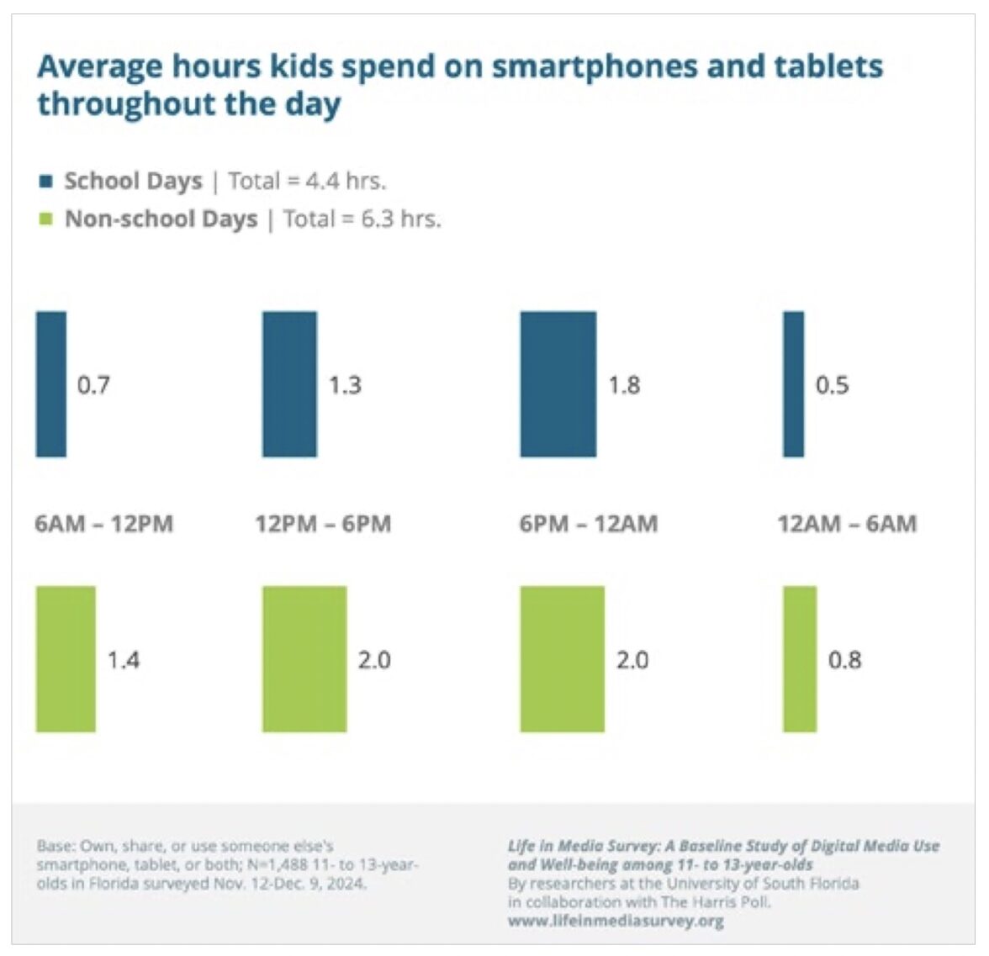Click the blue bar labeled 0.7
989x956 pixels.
tap(51, 384)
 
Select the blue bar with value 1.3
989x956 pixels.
tap(290, 384)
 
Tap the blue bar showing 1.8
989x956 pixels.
tap(558, 384)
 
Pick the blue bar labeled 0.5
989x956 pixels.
tap(793, 384)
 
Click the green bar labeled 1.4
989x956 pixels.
tap(66, 659)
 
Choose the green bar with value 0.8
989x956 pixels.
tap(800, 659)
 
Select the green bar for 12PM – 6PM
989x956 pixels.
tap(304, 659)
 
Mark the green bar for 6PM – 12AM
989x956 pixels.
tap(563, 659)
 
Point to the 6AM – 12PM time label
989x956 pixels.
tap(104, 524)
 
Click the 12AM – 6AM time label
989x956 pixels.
tap(847, 524)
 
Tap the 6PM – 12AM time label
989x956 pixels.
tap(589, 524)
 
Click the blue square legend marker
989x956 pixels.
tap(46, 181)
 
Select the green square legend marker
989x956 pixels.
tap(46, 219)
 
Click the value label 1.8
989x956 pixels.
tap(624, 385)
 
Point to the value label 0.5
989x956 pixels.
tap(832, 385)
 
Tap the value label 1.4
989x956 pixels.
tap(123, 660)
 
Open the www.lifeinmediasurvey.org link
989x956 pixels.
tap(616, 921)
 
